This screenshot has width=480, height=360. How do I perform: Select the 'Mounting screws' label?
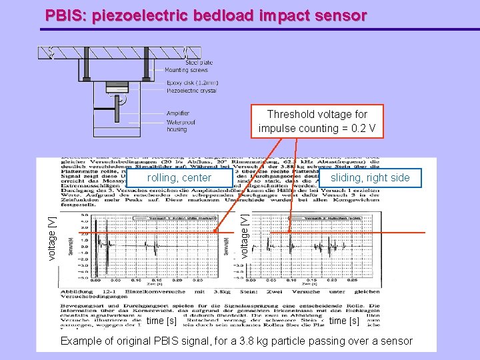click(x=186, y=70)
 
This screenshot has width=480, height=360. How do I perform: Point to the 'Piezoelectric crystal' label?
click(x=191, y=91)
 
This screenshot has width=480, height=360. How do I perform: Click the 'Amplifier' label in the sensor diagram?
click(x=177, y=113)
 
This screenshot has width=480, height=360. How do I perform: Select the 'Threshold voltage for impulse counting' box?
click(x=317, y=121)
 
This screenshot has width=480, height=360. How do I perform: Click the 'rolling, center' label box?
click(x=179, y=177)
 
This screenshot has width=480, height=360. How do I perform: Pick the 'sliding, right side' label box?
click(x=370, y=177)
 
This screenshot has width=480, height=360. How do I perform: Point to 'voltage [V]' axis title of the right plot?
click(x=245, y=236)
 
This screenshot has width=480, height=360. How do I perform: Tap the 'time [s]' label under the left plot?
click(x=161, y=321)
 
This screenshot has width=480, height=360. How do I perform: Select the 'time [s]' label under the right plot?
click(x=344, y=321)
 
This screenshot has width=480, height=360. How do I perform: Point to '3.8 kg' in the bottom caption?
click(x=280, y=341)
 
